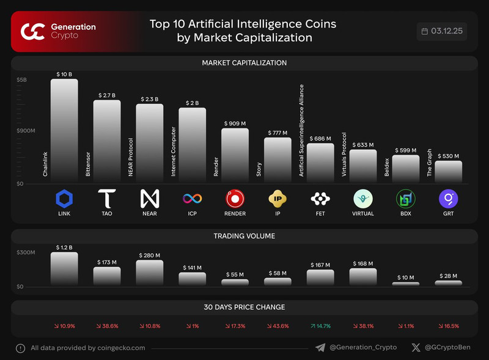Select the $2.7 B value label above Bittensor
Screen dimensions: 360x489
107,96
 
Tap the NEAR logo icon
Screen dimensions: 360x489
150,199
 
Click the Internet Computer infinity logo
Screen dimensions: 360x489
193,199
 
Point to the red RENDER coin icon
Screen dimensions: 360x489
235,199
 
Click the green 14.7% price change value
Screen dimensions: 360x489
320,326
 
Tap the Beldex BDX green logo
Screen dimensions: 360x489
406,199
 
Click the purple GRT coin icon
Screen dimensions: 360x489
449,199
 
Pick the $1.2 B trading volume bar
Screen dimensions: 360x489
64,269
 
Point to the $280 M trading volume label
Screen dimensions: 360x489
150,255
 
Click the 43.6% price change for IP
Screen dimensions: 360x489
278,326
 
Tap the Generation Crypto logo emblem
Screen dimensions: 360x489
32,31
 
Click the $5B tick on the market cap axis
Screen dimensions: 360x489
21,79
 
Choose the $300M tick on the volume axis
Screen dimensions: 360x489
26,252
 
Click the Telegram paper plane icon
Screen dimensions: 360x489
320,348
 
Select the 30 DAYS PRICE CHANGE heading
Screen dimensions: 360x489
244,307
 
